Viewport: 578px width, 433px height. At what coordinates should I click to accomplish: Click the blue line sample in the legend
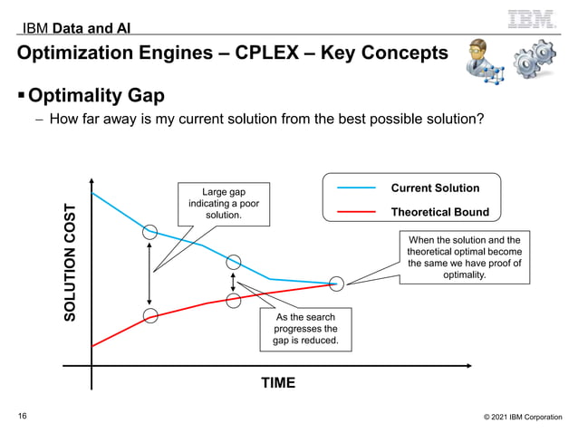355,188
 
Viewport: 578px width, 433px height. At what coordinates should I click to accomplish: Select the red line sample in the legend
355,212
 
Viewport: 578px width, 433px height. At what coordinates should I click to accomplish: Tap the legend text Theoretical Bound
439,212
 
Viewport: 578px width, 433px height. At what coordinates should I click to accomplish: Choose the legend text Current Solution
435,188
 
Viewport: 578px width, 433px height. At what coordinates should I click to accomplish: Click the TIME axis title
278,382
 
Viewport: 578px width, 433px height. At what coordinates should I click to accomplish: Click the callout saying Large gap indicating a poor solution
223,202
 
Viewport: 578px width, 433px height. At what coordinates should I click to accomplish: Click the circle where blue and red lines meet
337,284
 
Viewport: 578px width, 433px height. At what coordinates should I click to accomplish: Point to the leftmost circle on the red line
150,316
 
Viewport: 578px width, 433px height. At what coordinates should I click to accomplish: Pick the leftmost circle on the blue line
150,231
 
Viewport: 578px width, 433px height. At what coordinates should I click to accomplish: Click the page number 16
23,416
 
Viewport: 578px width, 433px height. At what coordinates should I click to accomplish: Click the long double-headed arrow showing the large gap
150,274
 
